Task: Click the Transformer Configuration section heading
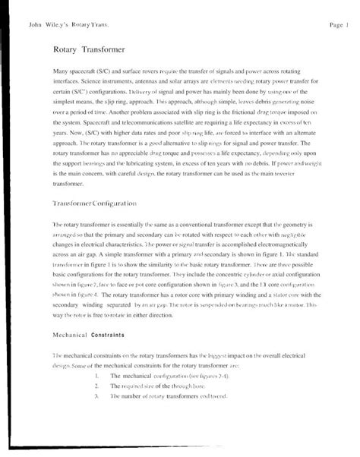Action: point(94,204)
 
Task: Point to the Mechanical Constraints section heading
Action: point(83,334)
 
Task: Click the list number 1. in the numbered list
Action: point(97,376)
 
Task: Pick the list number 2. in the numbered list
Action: point(97,386)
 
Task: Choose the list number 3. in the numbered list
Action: point(97,396)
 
